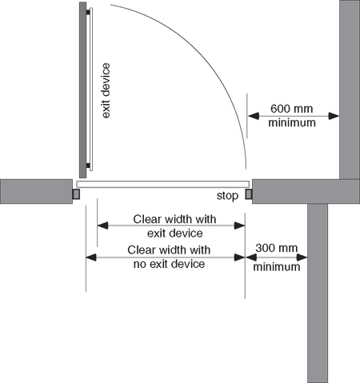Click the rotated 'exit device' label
click(106, 90)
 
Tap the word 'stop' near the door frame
click(227, 196)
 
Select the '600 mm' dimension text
click(291, 109)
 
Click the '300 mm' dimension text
click(277, 248)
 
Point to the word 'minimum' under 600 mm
click(292, 122)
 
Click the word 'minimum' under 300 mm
click(277, 267)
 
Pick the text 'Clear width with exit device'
click(174, 226)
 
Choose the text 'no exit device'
click(169, 264)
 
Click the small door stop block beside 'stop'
click(249, 194)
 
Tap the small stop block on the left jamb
click(76, 194)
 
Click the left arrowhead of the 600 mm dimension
click(254, 116)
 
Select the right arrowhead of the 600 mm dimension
click(334, 116)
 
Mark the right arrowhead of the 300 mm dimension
click(302, 257)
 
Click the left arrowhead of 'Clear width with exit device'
click(102, 225)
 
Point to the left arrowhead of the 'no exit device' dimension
click(91, 257)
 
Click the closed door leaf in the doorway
click(163, 184)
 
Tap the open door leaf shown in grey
click(82, 90)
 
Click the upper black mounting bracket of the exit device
click(88, 12)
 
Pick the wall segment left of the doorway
click(36, 191)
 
